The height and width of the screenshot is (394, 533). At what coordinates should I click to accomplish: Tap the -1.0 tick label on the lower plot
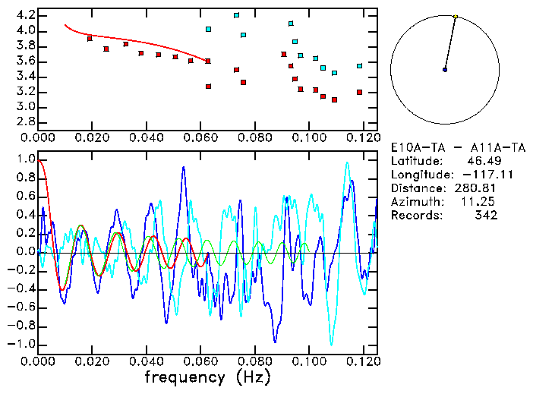coord(22,344)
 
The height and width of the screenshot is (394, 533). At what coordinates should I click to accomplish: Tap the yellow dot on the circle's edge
coord(456,16)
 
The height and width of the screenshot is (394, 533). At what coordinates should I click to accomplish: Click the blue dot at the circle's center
coord(445,70)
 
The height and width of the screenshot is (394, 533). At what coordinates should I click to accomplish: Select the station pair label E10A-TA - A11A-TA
coord(445,147)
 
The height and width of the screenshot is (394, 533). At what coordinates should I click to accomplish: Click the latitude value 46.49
coord(481,161)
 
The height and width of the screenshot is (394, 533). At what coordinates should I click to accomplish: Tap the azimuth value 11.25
coord(481,202)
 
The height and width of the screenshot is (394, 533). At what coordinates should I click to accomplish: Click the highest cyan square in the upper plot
coord(236,15)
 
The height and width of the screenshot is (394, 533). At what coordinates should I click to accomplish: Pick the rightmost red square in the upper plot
coord(359,93)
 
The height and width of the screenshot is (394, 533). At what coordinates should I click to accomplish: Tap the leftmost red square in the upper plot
coord(90,39)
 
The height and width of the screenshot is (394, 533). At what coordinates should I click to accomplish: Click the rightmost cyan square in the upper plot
coord(359,66)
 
